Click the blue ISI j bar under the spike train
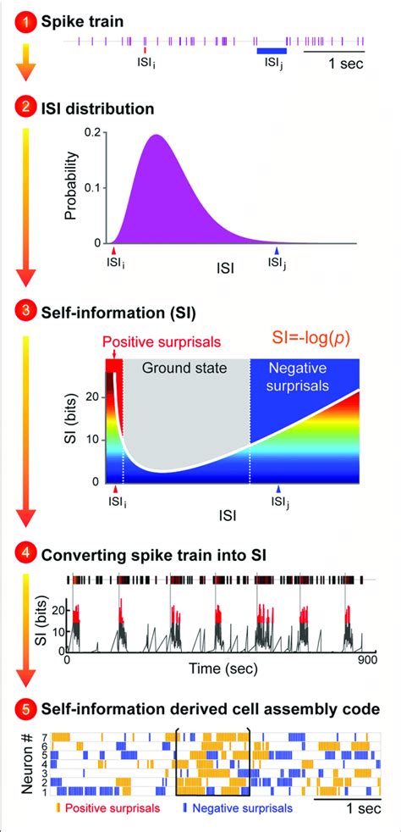(x=272, y=51)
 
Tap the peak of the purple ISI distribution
(x=157, y=135)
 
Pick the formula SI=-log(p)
(x=312, y=340)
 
